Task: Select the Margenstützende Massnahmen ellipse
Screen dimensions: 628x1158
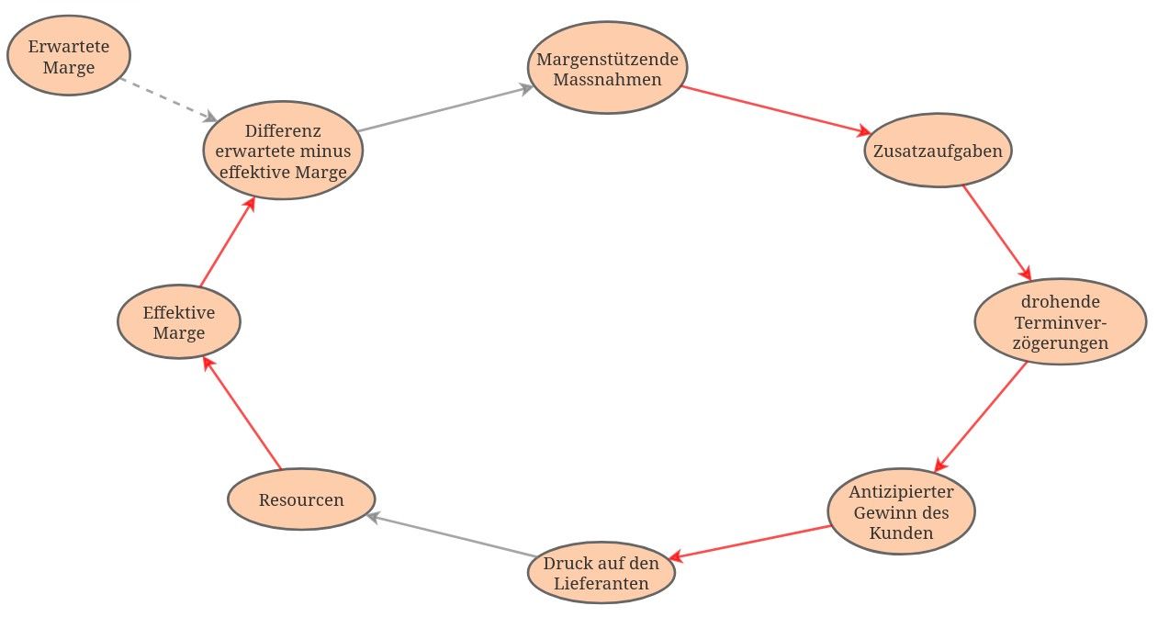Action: coord(607,69)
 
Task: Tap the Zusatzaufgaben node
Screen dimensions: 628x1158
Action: coord(938,150)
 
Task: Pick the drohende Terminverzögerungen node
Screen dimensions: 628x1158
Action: coord(1060,321)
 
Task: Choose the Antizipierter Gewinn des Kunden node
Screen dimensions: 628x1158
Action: coord(901,511)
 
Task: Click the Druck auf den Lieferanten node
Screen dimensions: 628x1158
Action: coord(601,572)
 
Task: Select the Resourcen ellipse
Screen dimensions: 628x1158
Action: coord(301,499)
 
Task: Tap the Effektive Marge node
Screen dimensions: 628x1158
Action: coord(179,321)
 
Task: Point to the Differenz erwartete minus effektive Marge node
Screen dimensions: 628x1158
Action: coord(283,151)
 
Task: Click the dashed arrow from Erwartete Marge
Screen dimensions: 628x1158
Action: coord(168,99)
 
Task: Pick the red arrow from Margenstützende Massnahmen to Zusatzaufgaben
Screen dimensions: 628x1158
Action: coord(776,111)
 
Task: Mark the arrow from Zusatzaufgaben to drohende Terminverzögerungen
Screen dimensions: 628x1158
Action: coord(996,232)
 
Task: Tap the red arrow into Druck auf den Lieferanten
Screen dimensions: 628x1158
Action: coord(750,542)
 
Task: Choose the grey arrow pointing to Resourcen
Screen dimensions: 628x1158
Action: coord(451,534)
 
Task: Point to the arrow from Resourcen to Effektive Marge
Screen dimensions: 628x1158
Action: coord(242,414)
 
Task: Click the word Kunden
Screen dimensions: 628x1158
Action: coord(901,533)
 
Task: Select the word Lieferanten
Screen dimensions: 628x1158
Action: coord(601,584)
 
